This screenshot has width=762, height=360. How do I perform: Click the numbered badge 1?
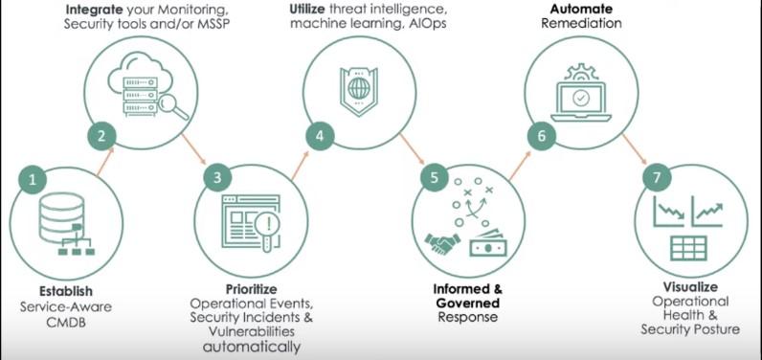[x=34, y=178]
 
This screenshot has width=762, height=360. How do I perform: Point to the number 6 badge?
[x=541, y=135]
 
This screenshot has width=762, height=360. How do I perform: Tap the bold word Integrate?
[x=93, y=9]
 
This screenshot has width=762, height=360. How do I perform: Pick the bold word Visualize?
[x=690, y=286]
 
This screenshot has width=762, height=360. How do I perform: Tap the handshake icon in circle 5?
[x=443, y=245]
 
